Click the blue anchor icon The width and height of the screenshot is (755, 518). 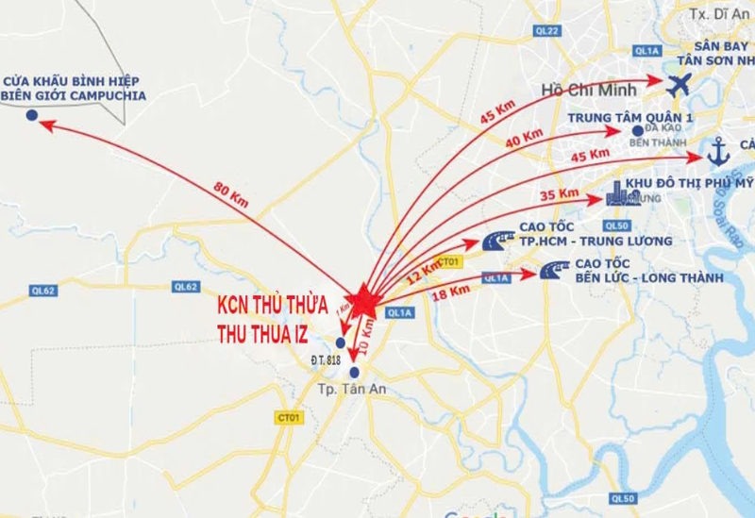point(719,149)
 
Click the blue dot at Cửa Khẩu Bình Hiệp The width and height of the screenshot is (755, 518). point(31,116)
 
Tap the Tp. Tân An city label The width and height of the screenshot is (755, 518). point(345,390)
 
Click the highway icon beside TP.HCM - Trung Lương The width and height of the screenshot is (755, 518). point(494,241)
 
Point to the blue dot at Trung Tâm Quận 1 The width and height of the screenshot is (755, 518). point(638,130)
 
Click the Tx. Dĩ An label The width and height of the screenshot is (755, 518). point(713,14)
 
